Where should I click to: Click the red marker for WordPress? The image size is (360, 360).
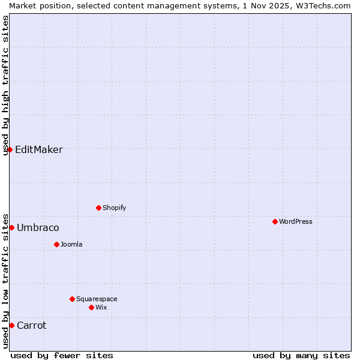pos(275,221)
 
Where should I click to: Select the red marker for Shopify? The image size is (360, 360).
pos(98,208)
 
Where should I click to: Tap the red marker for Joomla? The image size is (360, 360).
pos(56,244)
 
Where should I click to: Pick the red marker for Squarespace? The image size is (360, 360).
pos(72,299)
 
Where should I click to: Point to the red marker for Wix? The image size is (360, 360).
pos(91,307)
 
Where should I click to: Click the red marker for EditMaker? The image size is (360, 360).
pos(10,149)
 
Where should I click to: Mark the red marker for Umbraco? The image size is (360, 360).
pos(11,227)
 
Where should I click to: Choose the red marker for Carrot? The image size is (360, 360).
pos(11,325)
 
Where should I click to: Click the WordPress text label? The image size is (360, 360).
pos(296,221)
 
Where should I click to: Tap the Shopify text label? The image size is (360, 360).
pos(115,208)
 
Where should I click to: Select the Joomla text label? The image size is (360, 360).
pos(71,244)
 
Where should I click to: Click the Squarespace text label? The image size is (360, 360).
pos(97,299)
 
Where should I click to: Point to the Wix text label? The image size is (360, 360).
pos(101,307)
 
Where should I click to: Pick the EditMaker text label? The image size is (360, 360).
pos(39,150)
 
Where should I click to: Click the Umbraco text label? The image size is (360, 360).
pos(38,228)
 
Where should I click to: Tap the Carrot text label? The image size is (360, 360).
pos(31,326)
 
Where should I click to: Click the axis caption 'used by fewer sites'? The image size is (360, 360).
pos(62,355)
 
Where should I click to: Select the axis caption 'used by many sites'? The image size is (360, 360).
pos(301,355)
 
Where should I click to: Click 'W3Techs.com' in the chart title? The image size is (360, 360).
pos(323,5)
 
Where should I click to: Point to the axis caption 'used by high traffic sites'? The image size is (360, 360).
pos(6,85)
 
